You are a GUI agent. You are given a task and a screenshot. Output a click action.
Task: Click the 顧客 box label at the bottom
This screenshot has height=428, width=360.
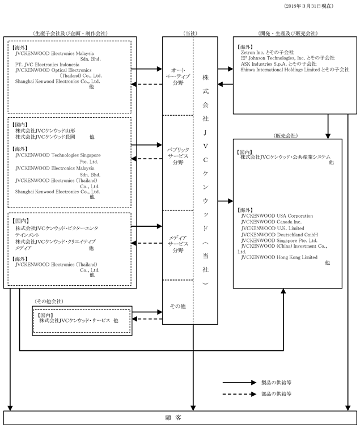173,418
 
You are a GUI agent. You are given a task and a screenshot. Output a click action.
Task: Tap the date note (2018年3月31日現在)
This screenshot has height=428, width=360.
308,6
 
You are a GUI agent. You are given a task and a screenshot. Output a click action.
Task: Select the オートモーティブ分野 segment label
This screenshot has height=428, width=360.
178,77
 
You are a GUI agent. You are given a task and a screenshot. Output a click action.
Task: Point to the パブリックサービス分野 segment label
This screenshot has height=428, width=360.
178,156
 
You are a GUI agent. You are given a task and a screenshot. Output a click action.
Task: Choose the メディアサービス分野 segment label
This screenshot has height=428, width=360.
178,244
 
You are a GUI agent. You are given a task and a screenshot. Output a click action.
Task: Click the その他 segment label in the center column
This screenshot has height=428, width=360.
177,306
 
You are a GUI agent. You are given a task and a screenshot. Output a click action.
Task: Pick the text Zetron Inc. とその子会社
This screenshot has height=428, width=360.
267,52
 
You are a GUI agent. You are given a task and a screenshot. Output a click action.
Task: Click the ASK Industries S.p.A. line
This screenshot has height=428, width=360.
279,64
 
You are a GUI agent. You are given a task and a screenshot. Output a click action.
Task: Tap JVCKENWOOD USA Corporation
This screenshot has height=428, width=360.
277,216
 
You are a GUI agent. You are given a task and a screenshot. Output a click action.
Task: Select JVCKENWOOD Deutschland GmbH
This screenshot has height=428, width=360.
279,235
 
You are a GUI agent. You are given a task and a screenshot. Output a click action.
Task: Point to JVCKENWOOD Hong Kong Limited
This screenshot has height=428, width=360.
279,257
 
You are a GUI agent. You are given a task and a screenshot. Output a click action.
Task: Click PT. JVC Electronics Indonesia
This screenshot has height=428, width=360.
47,65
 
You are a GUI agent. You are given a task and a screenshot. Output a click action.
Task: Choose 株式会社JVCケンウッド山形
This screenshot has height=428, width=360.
45,131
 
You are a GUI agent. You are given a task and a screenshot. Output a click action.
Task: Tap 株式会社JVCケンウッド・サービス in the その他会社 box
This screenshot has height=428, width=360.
75,320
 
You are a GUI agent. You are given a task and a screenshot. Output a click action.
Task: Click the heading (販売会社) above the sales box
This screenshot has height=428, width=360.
286,135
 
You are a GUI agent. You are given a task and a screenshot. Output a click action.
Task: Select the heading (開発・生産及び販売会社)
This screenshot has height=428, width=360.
288,33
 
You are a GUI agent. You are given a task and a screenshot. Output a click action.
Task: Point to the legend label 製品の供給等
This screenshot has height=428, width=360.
276,383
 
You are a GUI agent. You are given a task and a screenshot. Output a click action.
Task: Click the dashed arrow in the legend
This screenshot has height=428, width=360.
239,394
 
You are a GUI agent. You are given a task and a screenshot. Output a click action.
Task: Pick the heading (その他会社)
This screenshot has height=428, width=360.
49,302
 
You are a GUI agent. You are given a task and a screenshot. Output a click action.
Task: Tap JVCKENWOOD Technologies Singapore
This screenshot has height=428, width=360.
58,155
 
